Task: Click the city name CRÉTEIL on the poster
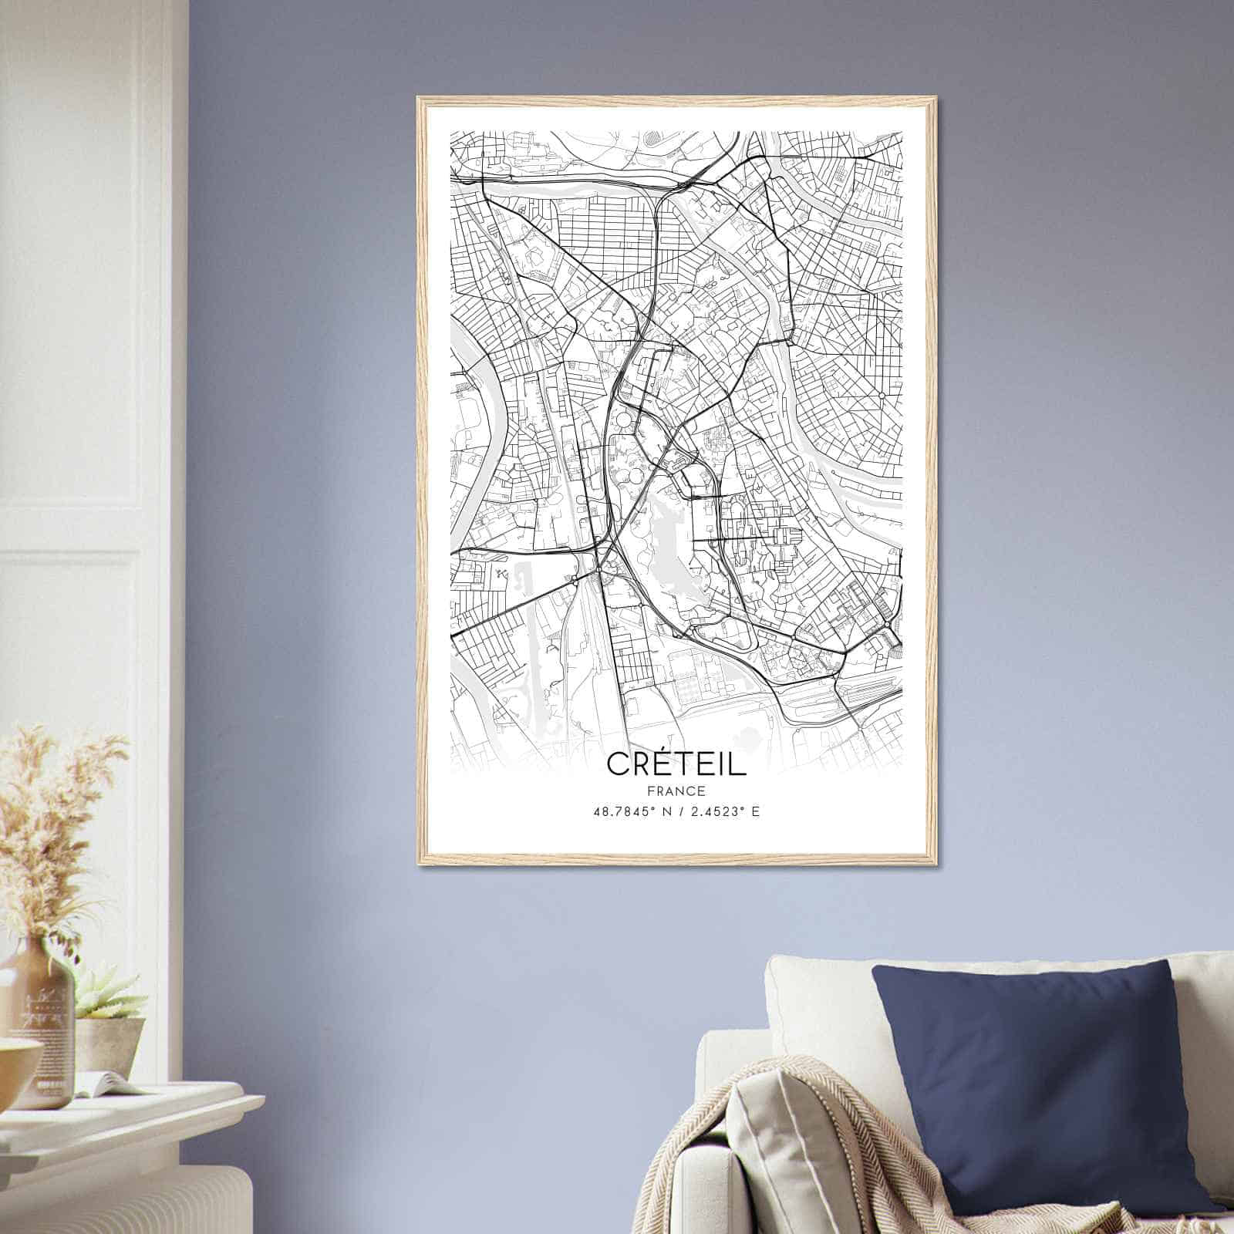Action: [676, 764]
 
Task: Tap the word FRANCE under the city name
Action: [676, 791]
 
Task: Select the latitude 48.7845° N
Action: [628, 811]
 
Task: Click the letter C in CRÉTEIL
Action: [618, 764]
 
